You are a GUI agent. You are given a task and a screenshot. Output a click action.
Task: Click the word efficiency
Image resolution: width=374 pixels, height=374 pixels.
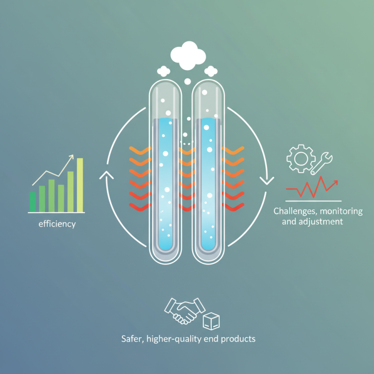[57, 224]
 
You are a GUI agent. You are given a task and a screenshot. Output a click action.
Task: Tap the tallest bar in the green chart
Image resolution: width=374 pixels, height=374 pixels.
[80, 185]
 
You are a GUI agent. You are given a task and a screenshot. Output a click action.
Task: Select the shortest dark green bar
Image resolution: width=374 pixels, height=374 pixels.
[33, 202]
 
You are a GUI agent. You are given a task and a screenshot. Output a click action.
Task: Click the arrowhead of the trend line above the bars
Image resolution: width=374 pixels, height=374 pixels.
[72, 157]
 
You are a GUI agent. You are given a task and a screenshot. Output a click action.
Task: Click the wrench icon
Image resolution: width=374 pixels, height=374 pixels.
[321, 163]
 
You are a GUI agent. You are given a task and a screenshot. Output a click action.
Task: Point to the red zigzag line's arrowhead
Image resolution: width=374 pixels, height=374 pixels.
[335, 182]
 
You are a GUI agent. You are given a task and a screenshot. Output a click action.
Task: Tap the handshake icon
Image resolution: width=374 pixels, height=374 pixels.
[185, 310]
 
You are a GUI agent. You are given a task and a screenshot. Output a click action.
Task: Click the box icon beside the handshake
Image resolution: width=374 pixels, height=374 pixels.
[211, 321]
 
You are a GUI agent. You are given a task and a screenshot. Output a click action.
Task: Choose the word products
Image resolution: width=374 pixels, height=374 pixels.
[238, 339]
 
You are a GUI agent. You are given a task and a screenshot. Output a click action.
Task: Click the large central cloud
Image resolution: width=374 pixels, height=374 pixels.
[188, 55]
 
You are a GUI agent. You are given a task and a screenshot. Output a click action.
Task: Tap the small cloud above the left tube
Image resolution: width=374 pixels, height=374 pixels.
[164, 71]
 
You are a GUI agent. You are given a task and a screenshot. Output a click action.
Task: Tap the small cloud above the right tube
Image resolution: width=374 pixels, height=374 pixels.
[211, 71]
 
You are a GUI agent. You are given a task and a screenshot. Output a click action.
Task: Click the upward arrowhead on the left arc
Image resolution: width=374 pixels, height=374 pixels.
[107, 174]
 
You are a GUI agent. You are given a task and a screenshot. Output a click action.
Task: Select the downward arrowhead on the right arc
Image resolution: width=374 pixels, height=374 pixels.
[266, 181]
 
